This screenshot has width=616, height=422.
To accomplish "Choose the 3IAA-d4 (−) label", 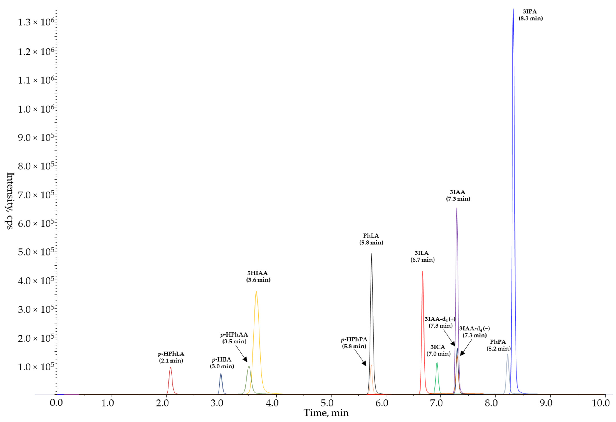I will [474, 332].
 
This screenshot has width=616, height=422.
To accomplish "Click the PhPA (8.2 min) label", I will [498, 345].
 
